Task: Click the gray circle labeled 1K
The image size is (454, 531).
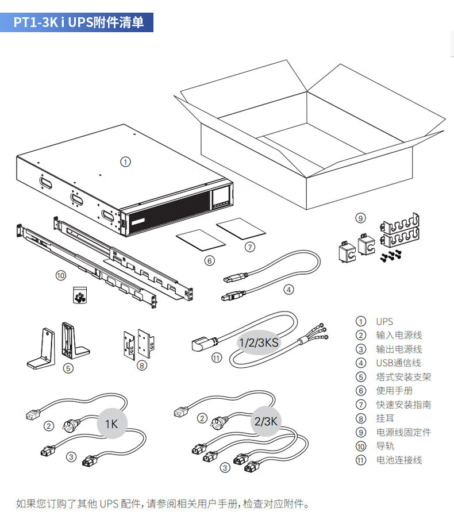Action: (111, 424)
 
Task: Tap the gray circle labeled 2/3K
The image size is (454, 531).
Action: (266, 421)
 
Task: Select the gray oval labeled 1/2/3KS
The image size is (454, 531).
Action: (259, 343)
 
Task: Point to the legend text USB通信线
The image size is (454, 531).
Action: (398, 363)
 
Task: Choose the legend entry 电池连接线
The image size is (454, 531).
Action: (398, 460)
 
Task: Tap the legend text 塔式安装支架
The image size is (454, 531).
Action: (403, 377)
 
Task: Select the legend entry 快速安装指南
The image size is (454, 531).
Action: (403, 405)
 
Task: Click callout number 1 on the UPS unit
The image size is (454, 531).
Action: (125, 162)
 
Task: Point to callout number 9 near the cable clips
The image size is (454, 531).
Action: (360, 218)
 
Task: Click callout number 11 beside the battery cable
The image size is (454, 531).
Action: (216, 357)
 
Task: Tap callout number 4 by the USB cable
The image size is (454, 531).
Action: (288, 290)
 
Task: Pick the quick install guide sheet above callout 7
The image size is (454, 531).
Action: (240, 229)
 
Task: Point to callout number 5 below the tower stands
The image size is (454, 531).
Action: (68, 368)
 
